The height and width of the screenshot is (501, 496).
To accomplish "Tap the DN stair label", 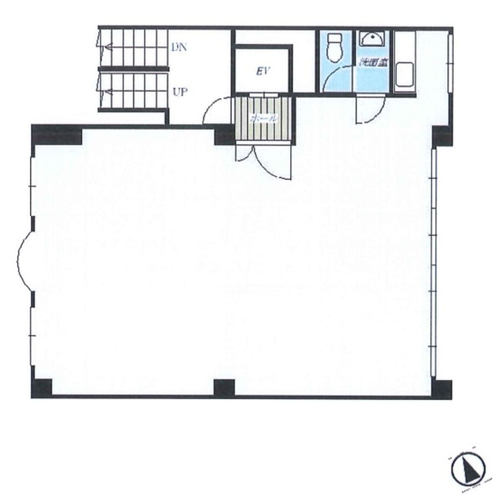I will pos(179,47).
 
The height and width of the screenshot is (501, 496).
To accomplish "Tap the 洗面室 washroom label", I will pos(374,63).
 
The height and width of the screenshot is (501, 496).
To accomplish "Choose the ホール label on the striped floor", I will pos(263,119).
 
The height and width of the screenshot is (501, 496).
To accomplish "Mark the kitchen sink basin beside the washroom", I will pos(404,74).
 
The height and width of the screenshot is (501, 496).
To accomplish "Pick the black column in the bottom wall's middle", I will pos(224,387).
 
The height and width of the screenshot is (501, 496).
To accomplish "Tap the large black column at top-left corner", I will pos(56,134).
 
